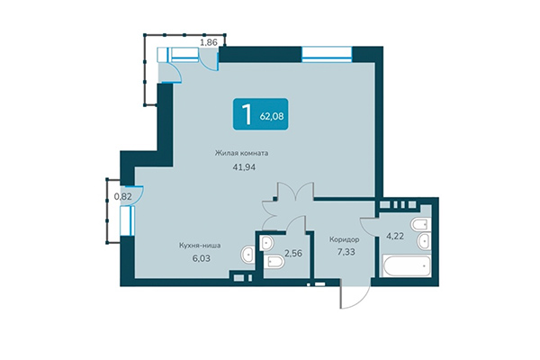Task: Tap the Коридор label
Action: click(345, 239)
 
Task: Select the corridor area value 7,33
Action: click(345, 253)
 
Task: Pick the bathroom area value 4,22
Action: click(396, 237)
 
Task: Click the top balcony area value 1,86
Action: click(209, 41)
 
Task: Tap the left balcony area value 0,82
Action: click(122, 195)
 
